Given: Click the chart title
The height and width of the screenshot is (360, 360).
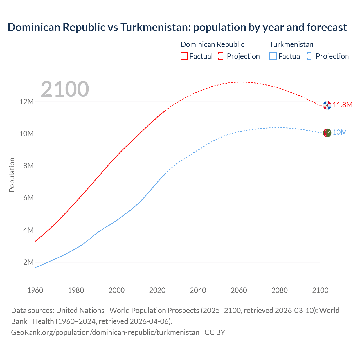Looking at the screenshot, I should coord(177,27).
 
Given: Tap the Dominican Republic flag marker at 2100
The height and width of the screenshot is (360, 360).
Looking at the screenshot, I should coord(327,105).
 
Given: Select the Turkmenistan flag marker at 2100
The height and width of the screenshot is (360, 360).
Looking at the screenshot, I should coord(327,132).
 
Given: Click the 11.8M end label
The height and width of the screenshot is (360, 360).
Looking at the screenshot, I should coord(343,105).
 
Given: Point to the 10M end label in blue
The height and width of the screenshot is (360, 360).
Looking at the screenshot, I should coord(340,132).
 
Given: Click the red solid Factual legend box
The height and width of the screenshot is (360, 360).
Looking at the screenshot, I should coord(184,56).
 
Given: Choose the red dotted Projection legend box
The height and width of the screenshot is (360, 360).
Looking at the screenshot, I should coord(222,56).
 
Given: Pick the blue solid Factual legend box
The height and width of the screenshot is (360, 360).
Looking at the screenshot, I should coord(273,56).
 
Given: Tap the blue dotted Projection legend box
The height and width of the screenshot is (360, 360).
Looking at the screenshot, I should coord(310,56).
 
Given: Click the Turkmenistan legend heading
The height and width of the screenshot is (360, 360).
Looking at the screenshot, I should coord(291,44).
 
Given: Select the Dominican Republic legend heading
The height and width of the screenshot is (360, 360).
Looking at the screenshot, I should coord(212,44).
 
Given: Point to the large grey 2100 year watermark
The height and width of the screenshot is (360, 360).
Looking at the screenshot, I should coord(65,89).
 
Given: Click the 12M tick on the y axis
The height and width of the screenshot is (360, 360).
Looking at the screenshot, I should coord(26,102).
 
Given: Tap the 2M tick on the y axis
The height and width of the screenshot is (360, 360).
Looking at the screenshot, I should coord(28,262).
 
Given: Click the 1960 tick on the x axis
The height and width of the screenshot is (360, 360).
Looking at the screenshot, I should coord(35,290).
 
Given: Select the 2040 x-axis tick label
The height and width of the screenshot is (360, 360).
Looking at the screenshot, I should coord(198,290).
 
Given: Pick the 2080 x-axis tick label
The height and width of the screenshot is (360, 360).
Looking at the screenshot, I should coord(280,290).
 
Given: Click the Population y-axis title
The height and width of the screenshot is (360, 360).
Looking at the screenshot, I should coord(12,175).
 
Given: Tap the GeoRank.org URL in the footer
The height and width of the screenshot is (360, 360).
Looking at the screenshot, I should coord(105,332).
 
